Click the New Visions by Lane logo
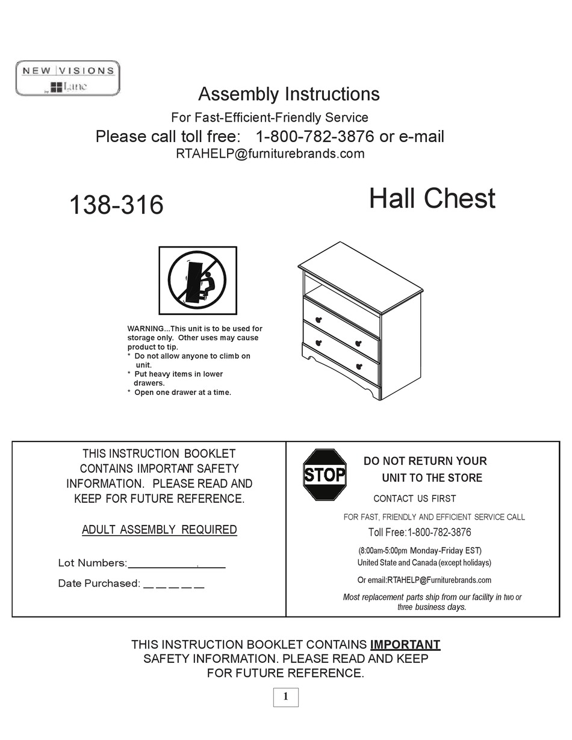click(x=67, y=78)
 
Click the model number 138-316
click(x=116, y=205)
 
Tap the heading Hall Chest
click(x=432, y=199)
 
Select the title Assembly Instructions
click(x=288, y=94)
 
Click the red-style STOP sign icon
click(x=325, y=474)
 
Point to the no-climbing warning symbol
click(x=197, y=280)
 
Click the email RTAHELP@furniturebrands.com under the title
click(x=270, y=154)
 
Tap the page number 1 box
click(x=285, y=697)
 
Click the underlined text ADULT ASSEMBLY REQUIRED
click(x=159, y=530)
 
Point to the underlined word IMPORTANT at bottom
click(x=405, y=644)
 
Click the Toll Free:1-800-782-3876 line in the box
click(x=420, y=532)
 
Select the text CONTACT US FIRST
click(x=414, y=499)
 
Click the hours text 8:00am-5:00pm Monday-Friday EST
click(x=420, y=550)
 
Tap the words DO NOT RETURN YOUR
click(x=425, y=461)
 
